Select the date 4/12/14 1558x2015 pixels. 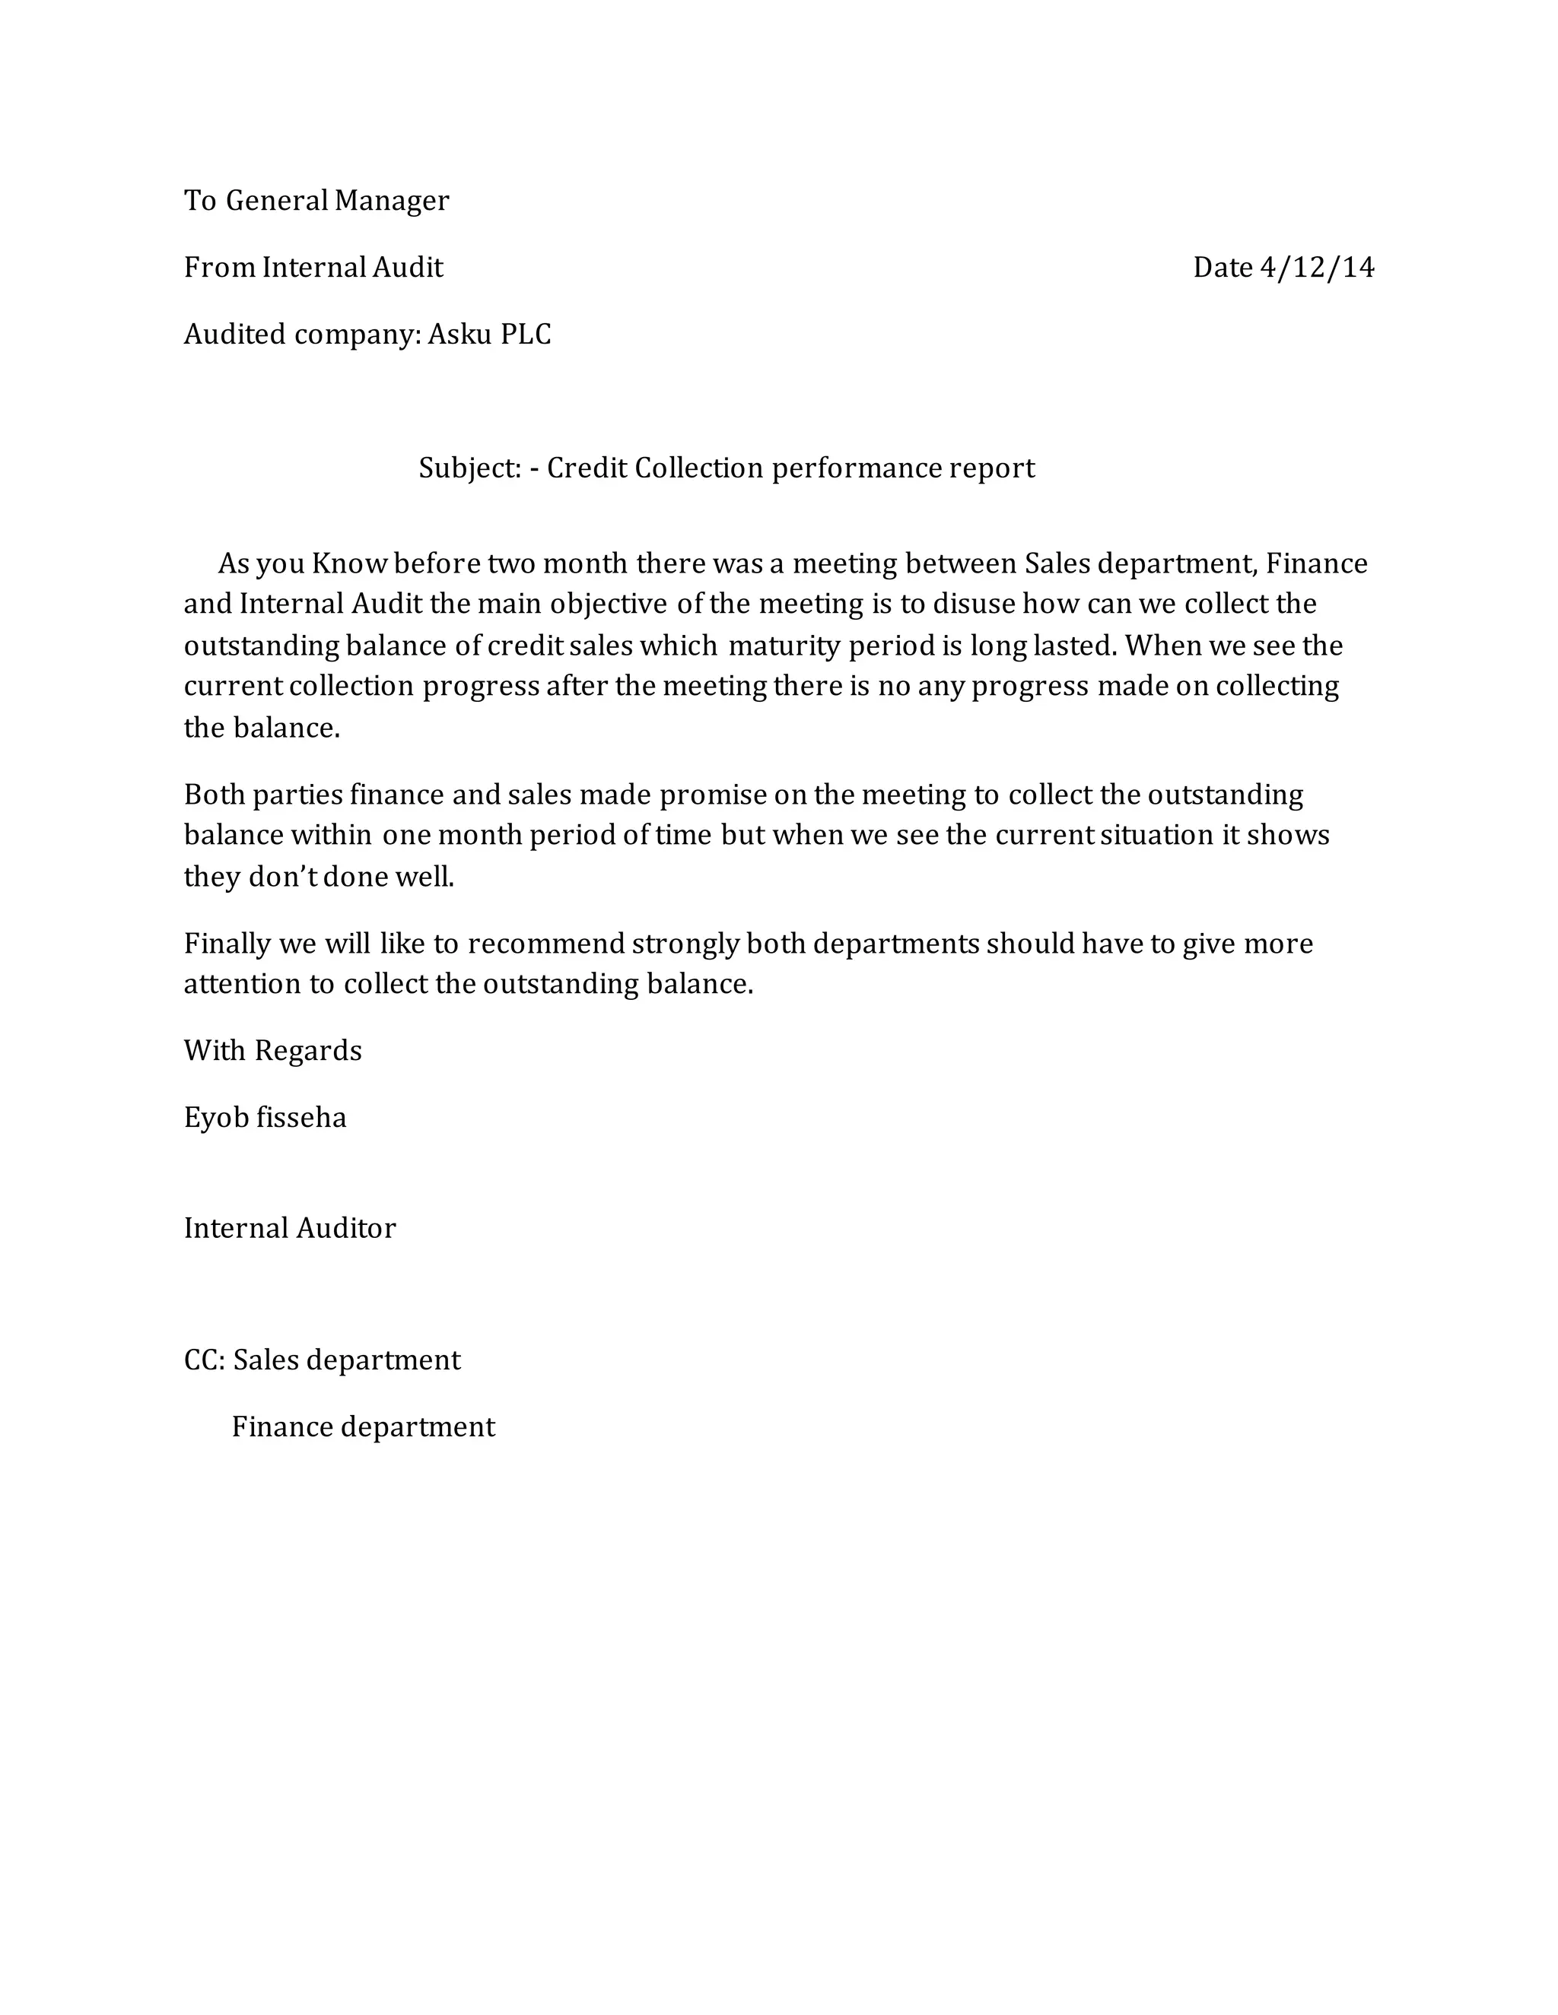tap(1317, 268)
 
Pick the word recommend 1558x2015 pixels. tap(545, 944)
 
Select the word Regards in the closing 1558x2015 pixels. tap(307, 1051)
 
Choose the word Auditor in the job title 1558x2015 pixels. tap(346, 1228)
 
